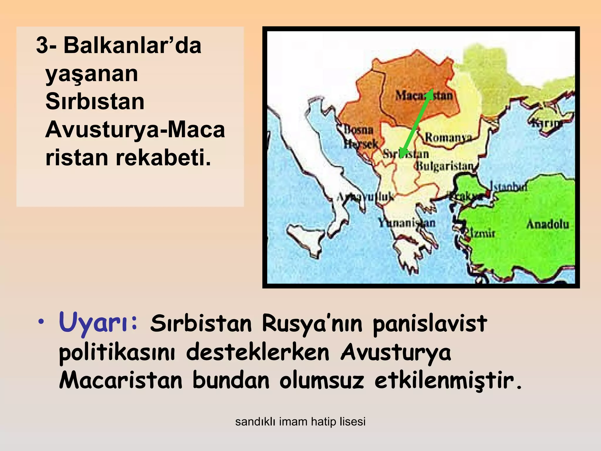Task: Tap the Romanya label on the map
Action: pos(448,137)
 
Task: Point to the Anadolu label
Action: pos(548,225)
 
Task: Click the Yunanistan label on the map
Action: pos(407,223)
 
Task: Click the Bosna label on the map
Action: pos(359,129)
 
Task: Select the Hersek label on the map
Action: pos(361,144)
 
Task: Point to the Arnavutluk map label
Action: pos(365,197)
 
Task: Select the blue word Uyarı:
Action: pos(98,323)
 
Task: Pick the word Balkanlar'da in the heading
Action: pos(132,46)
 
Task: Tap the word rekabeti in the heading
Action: pos(163,158)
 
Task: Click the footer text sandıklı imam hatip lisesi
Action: pos(300,422)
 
